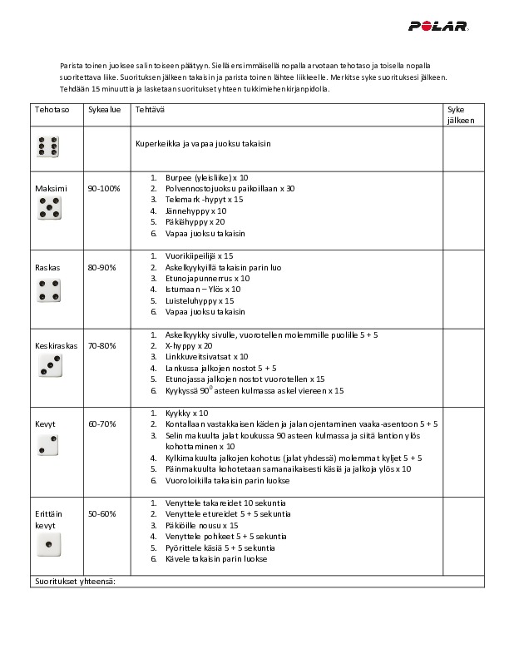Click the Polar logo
pos(438,26)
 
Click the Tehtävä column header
pos(150,110)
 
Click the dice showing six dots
pos(48,146)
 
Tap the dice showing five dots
pos(48,209)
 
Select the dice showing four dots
pos(48,289)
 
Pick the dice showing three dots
pos(48,365)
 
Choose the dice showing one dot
pos(48,545)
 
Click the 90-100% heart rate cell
pos(103,189)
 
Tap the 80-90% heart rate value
pos(103,269)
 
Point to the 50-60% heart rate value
pos(103,514)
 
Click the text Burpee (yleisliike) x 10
pos(200,178)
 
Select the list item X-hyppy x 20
pos(189,345)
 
